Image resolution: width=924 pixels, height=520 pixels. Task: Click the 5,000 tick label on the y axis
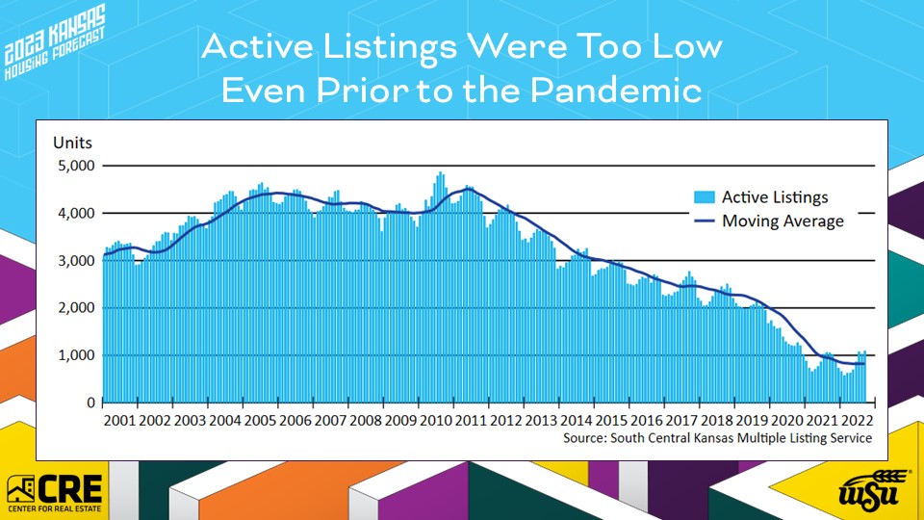(x=76, y=166)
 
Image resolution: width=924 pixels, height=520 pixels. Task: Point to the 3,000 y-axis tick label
(x=76, y=261)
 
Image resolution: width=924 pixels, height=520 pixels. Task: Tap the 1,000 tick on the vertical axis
(x=76, y=355)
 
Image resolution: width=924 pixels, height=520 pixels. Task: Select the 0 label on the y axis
(x=90, y=403)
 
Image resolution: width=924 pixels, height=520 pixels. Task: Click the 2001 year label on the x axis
(x=120, y=421)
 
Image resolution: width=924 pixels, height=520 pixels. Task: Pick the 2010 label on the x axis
(x=436, y=421)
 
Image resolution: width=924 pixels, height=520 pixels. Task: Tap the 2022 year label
(x=857, y=421)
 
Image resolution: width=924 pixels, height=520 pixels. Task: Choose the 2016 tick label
(x=647, y=421)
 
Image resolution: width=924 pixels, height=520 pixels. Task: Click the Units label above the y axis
(x=72, y=143)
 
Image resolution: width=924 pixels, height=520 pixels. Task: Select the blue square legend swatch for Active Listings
(x=705, y=196)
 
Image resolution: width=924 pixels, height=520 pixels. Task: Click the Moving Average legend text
(x=783, y=221)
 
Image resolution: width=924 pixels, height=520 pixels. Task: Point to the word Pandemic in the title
(x=616, y=91)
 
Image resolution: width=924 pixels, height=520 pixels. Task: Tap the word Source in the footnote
(x=583, y=438)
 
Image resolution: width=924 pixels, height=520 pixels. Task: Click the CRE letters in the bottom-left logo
(x=70, y=488)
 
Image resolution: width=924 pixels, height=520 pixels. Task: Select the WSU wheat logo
(x=868, y=489)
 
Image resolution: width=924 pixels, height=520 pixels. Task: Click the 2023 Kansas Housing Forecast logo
(x=54, y=41)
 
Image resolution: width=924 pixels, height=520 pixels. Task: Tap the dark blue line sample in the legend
(x=705, y=221)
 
